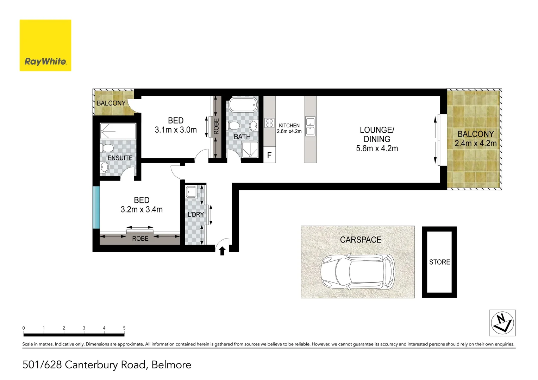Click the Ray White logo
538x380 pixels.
click(x=45, y=45)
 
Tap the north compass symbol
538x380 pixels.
click(x=502, y=323)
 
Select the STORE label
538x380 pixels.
click(x=439, y=262)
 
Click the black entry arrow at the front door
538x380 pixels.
click(x=222, y=251)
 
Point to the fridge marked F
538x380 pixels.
click(x=269, y=156)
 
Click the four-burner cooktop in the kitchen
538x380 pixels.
click(x=269, y=123)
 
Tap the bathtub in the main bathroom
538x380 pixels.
click(x=243, y=105)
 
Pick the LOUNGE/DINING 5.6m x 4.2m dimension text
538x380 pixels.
click(x=377, y=148)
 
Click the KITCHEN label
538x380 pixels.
click(x=289, y=126)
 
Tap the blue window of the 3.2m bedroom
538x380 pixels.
click(x=96, y=207)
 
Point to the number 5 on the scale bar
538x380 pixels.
click(x=124, y=328)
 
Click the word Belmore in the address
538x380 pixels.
click(x=171, y=365)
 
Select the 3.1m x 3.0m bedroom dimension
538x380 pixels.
click(x=176, y=130)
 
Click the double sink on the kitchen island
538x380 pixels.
click(x=310, y=126)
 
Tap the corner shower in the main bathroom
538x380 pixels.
click(x=250, y=150)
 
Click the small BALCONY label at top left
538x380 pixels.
click(x=111, y=103)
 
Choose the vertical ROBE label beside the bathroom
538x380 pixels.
click(x=216, y=126)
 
